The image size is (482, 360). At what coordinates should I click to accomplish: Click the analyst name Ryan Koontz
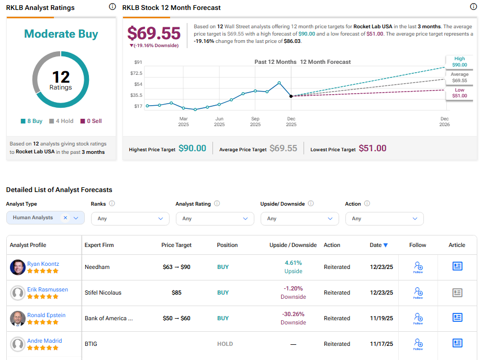[x=43, y=264]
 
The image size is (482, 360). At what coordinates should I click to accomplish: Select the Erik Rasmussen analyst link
[x=47, y=289]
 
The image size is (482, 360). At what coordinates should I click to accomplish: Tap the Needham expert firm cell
[x=97, y=267]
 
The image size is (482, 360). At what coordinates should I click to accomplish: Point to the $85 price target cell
[x=176, y=292]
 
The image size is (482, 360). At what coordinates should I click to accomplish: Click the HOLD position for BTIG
[x=225, y=344]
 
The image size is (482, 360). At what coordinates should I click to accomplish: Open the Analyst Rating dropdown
[x=215, y=218]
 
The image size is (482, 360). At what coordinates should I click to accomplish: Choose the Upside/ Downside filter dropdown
[x=299, y=218]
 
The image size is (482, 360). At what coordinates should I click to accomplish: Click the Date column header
[x=378, y=245]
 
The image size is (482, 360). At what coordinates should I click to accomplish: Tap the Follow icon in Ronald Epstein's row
[x=418, y=318]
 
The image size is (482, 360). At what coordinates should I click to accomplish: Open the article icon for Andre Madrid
[x=457, y=343]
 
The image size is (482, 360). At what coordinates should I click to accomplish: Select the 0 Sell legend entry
[x=91, y=121]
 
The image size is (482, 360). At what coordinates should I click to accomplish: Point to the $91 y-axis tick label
[x=138, y=62]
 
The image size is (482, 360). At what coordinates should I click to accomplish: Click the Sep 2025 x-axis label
[x=255, y=121]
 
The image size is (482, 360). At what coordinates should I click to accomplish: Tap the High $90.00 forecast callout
[x=458, y=62]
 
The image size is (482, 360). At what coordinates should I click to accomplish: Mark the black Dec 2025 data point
[x=291, y=96]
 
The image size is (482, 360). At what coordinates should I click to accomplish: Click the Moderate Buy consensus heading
[x=61, y=34]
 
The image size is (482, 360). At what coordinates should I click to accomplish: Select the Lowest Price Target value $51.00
[x=372, y=149]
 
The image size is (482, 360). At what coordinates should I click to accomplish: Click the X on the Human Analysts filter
[x=65, y=218]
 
